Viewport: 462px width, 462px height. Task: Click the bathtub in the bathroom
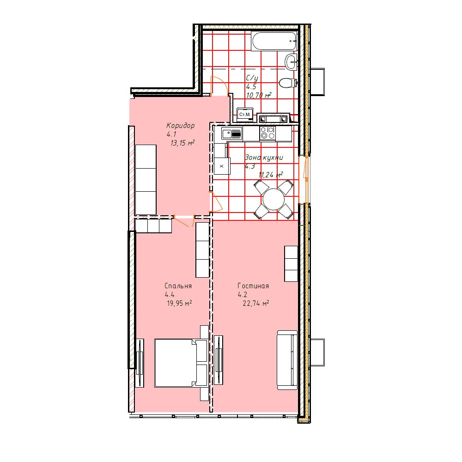tap(274, 41)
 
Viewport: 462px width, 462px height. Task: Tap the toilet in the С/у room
tap(287, 83)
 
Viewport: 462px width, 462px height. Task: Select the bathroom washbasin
tap(291, 62)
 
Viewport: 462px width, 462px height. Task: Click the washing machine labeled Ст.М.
tap(245, 114)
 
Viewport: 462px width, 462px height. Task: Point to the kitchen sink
tap(232, 134)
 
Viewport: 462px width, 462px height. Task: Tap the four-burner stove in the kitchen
tap(267, 133)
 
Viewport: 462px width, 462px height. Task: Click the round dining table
tap(274, 200)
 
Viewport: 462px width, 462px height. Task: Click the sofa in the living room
tap(287, 360)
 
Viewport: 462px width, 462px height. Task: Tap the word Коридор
tap(180, 126)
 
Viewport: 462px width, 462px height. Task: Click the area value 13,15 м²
tap(182, 143)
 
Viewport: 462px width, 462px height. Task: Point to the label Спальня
tap(178, 286)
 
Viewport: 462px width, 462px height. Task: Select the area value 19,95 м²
tap(179, 303)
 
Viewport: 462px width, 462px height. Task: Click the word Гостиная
tap(253, 286)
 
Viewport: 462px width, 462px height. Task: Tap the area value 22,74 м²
tap(256, 303)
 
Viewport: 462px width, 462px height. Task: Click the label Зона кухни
tap(264, 158)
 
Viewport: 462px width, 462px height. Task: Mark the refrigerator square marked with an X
tap(222, 166)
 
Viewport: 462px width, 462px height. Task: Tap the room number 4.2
tap(243, 295)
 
